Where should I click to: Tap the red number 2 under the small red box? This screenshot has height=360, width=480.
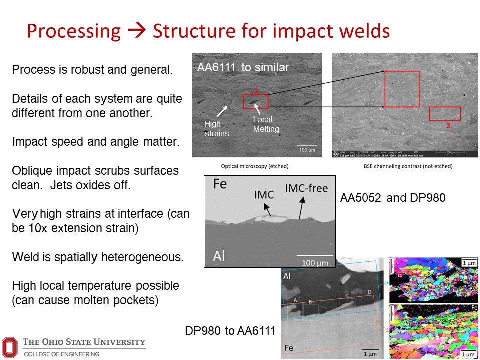pyautogui.click(x=448, y=126)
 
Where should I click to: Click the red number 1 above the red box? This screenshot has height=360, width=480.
pyautogui.click(x=255, y=91)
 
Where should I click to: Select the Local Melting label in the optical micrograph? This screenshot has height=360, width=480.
pyautogui.click(x=266, y=124)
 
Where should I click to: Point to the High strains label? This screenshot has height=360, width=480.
pyautogui.click(x=216, y=128)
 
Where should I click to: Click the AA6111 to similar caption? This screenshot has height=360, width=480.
pyautogui.click(x=243, y=67)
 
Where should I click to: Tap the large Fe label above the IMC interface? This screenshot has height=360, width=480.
pyautogui.click(x=220, y=184)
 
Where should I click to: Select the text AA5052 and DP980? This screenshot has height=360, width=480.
pyautogui.click(x=393, y=198)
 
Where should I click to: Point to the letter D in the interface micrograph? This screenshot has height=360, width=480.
pyautogui.click(x=369, y=291)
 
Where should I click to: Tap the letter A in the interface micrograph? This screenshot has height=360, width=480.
pyautogui.click(x=295, y=300)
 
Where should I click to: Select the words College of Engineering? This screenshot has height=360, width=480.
pyautogui.click(x=61, y=354)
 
